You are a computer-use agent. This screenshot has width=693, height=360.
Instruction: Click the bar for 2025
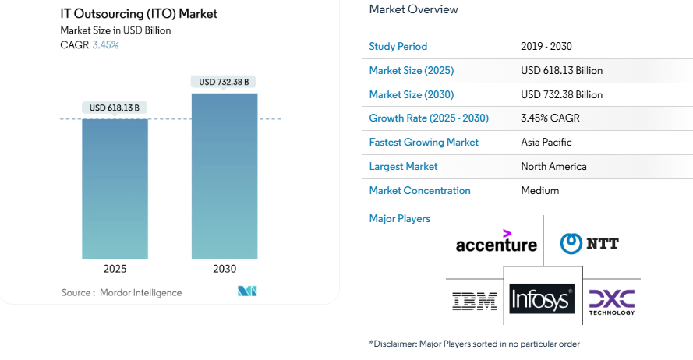click(115, 189)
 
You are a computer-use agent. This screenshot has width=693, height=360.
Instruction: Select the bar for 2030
click(225, 176)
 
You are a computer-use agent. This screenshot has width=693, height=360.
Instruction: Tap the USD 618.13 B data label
click(115, 108)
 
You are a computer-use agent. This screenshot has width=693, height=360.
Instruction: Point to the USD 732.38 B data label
click(225, 82)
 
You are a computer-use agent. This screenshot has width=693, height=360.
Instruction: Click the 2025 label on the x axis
click(115, 269)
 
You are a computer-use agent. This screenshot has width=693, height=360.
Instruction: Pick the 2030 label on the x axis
click(225, 269)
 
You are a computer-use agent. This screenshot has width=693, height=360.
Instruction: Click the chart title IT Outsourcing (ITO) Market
click(139, 13)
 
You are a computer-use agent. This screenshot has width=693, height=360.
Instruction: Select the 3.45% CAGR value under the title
click(105, 45)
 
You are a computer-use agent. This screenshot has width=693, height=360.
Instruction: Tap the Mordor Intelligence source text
click(140, 293)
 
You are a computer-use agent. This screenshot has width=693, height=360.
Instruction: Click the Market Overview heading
click(413, 9)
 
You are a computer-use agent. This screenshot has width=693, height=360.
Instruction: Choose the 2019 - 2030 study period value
click(546, 46)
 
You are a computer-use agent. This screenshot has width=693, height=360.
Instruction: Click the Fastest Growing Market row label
click(423, 143)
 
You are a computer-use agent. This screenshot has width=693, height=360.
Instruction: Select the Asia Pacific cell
click(546, 143)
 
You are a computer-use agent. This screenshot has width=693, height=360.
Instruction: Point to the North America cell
click(553, 166)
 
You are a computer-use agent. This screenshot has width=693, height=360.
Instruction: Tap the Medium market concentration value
click(539, 190)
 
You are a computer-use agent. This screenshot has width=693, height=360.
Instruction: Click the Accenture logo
click(497, 242)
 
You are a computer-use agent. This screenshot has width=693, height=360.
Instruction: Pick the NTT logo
click(589, 243)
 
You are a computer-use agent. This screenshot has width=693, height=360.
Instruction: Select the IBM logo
click(475, 301)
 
